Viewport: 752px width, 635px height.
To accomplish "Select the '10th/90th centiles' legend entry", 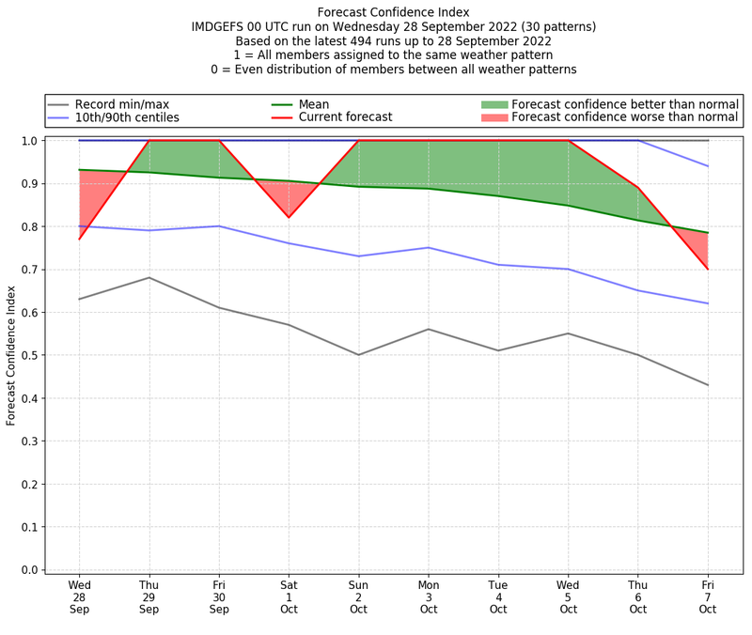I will click(x=127, y=117).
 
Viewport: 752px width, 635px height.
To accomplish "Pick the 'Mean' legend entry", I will click(x=314, y=104).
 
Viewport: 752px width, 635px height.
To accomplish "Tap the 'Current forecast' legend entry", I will click(x=345, y=117).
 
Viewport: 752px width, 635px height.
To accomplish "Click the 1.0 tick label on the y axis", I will click(x=30, y=141).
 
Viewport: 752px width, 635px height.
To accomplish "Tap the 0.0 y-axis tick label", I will click(x=30, y=570).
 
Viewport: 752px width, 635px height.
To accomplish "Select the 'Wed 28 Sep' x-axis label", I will click(x=79, y=596).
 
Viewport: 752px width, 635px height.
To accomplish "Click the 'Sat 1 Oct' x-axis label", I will click(x=289, y=596).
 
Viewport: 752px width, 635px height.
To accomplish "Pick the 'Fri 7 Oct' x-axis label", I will click(x=708, y=596).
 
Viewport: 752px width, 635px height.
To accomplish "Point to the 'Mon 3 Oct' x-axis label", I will click(x=429, y=596).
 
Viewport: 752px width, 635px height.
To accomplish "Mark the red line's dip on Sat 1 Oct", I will click(x=289, y=218).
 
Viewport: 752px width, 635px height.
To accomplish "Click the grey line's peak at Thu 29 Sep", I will click(x=149, y=277).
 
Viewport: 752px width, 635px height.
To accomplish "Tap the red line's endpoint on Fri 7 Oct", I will click(x=708, y=270).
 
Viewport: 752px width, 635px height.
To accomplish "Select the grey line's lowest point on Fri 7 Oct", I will click(x=708, y=385).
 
